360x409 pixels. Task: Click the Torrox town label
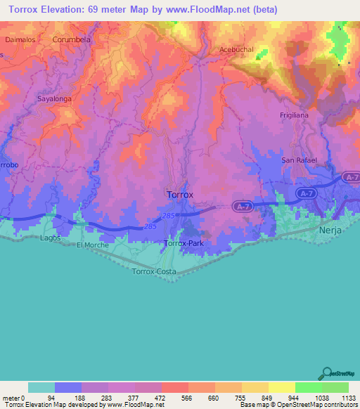[x=179, y=193]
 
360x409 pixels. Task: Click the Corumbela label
[x=72, y=40]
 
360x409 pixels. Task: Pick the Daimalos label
[x=20, y=40]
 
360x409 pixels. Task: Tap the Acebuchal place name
[x=236, y=50]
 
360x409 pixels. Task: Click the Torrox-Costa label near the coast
[x=154, y=271]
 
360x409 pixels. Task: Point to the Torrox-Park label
[x=183, y=243]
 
